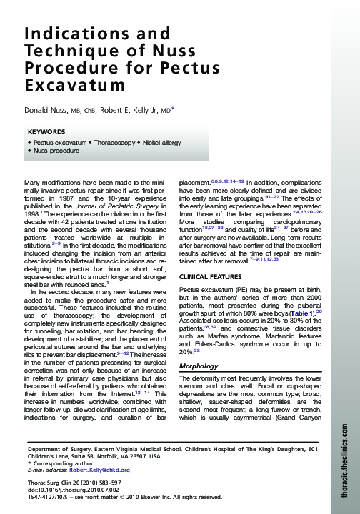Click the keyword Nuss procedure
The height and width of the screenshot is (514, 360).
click(56, 151)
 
